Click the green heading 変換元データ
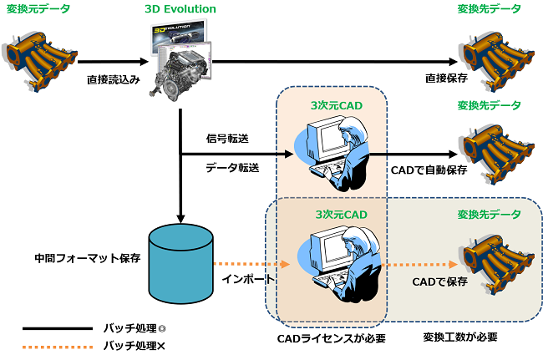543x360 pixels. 38,8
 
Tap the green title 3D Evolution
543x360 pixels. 180,9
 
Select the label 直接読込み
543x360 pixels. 114,79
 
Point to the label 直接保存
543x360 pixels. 446,79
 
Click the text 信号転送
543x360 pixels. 227,139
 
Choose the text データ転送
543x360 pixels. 232,168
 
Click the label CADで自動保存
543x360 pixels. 429,170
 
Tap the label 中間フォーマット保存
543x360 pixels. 88,258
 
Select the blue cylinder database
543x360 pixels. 180,264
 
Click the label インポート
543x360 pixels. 248,279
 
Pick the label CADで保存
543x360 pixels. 439,281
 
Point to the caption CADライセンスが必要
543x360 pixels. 331,338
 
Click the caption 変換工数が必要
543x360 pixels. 460,337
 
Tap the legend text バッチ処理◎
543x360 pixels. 134,328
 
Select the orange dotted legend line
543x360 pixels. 58,347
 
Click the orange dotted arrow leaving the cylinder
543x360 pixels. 251,264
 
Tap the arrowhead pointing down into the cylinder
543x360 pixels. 180,219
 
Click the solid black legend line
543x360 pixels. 58,328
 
